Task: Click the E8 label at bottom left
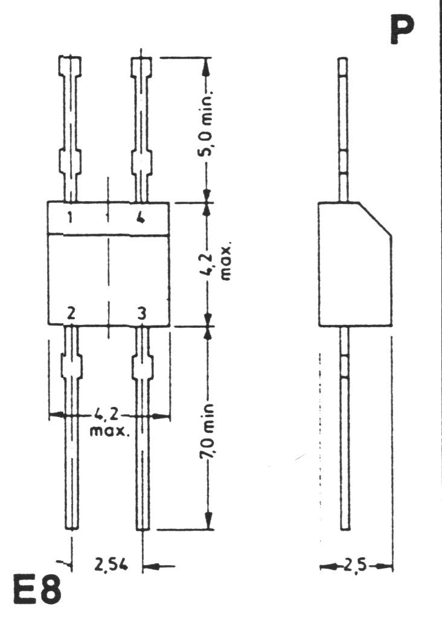(37, 590)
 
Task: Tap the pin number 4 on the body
(141, 219)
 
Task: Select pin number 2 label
(71, 313)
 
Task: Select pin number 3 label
(141, 313)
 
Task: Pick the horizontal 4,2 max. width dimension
(109, 421)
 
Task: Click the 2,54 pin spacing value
(107, 566)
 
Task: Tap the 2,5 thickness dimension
(356, 566)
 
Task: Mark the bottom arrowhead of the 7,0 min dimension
(207, 522)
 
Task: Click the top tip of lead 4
(141, 59)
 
